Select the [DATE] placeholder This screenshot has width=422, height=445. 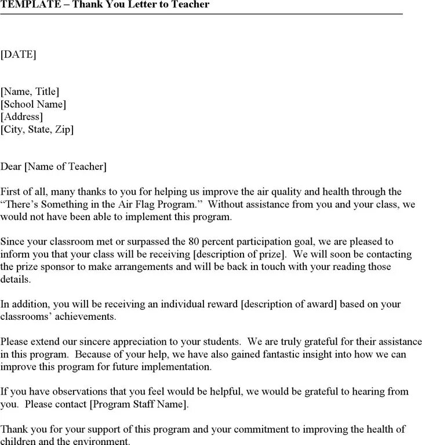[18, 54]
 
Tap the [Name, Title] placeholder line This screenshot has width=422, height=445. [30, 92]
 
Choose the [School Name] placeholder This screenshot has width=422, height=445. [33, 104]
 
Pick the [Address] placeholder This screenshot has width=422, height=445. [21, 117]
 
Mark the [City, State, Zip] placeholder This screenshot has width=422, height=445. [37, 130]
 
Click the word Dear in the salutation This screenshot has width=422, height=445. [10, 167]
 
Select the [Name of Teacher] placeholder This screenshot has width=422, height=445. [65, 167]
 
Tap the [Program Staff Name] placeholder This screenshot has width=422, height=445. [137, 404]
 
